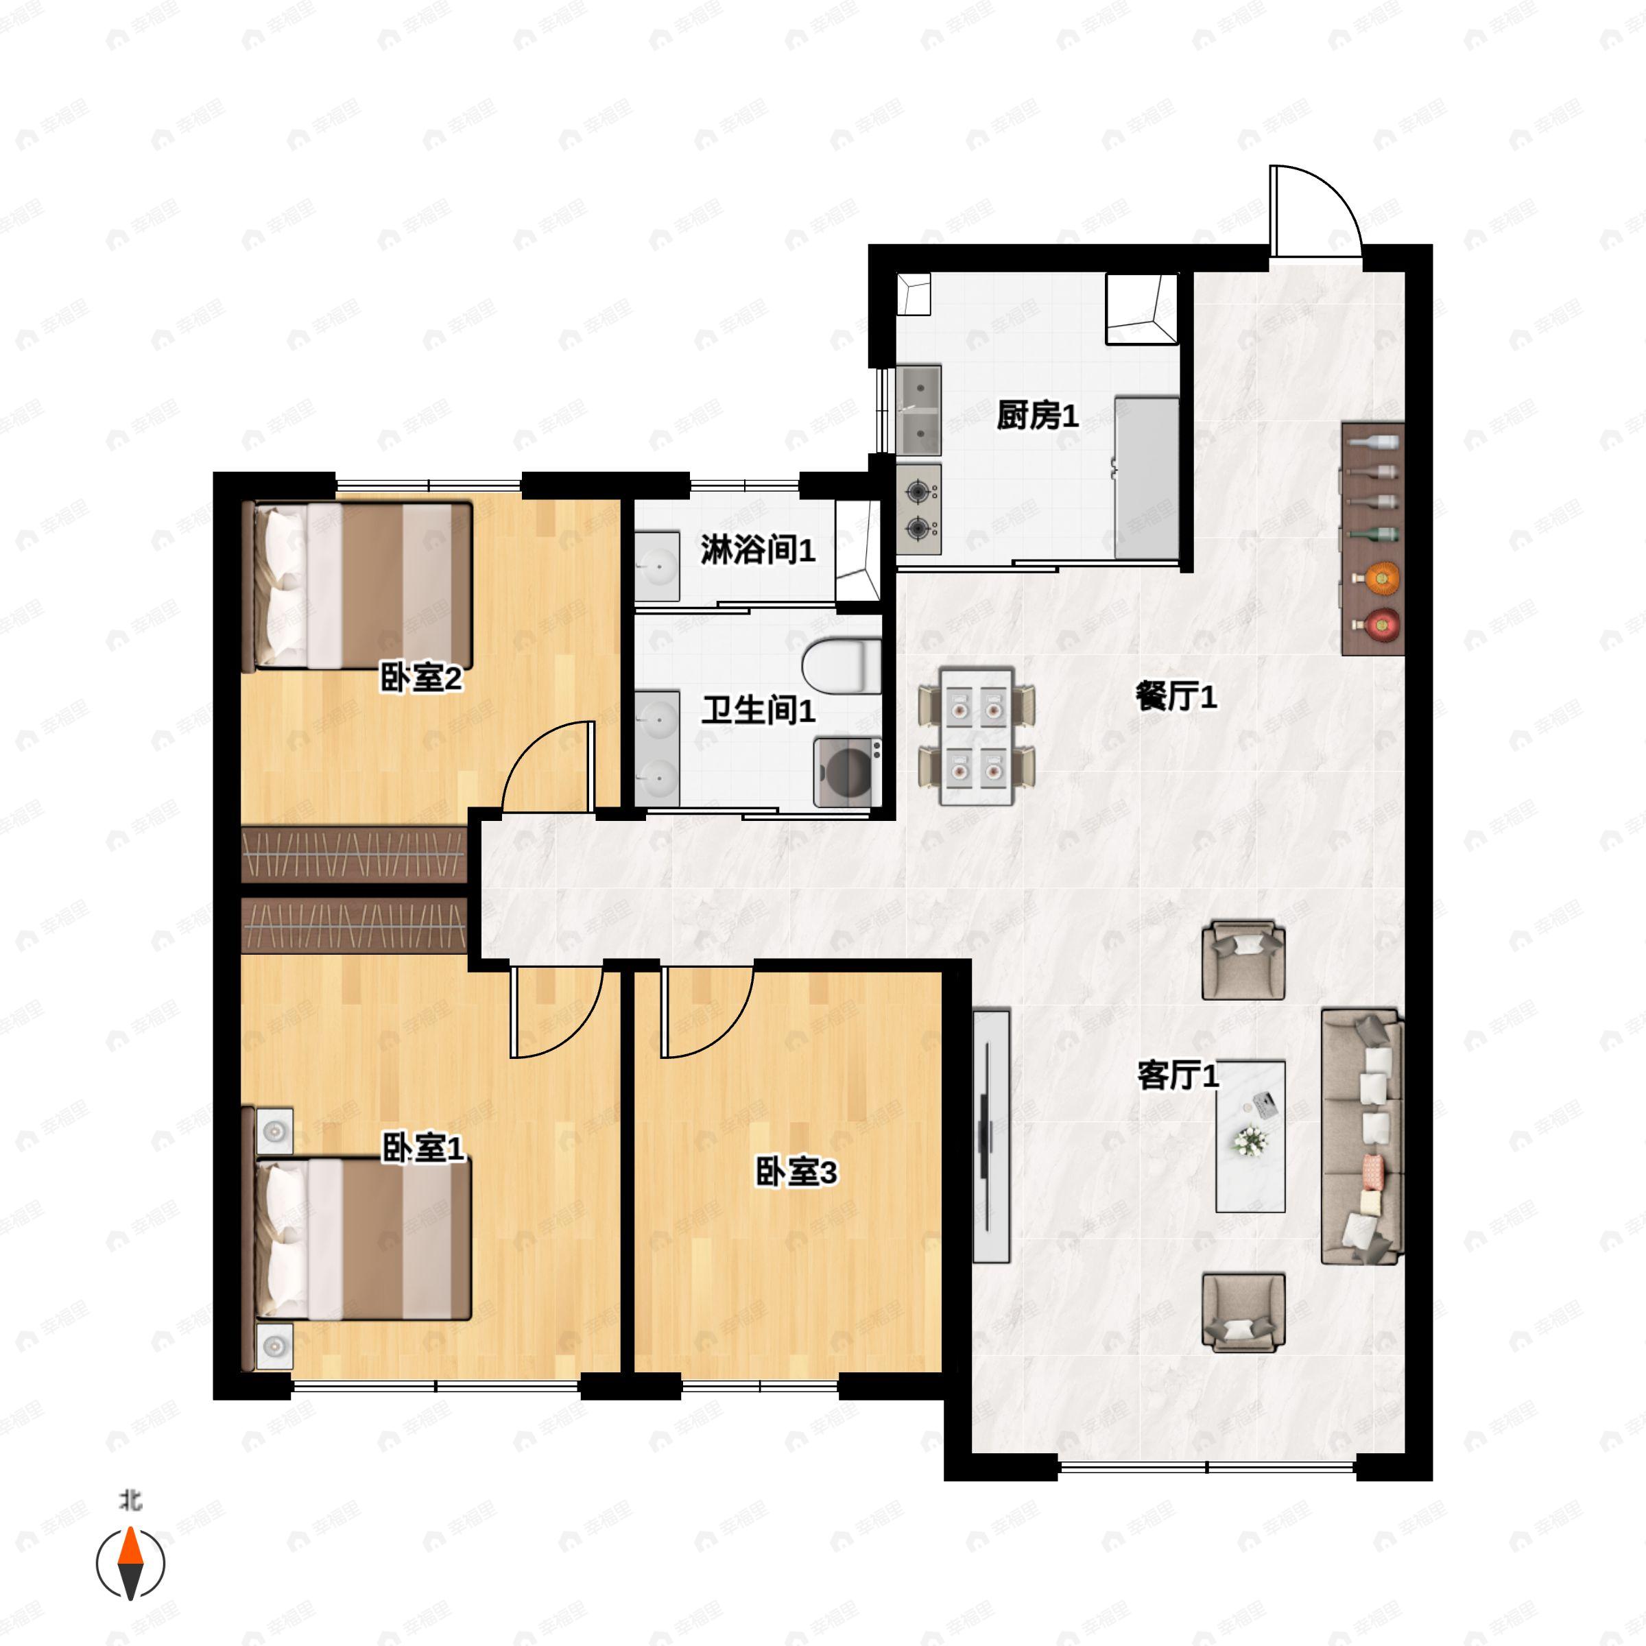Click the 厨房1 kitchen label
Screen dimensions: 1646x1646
1037,416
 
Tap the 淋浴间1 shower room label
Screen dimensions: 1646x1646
757,550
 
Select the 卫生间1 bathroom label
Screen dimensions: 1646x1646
757,710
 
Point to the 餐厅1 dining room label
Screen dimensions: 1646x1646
1176,697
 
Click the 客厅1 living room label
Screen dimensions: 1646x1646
1178,1075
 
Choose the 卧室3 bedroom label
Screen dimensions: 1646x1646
796,1172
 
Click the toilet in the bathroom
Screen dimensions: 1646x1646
841,666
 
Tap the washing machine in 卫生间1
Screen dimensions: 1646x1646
847,772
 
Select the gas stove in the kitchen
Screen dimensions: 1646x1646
918,510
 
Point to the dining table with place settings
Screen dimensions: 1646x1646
977,736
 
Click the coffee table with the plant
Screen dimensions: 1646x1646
1250,1136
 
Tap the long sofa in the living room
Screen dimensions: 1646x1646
1362,1136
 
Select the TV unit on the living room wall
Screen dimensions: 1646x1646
991,1136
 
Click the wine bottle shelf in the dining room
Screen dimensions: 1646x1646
1372,538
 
